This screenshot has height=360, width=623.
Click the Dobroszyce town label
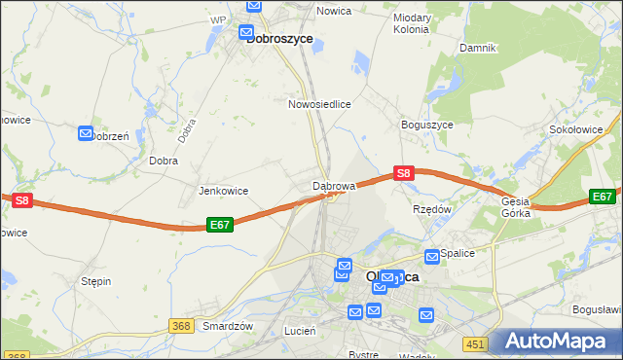pyautogui.click(x=279, y=39)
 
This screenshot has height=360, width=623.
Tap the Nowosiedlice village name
pyautogui.click(x=319, y=103)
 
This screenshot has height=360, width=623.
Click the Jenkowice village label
pyautogui.click(x=223, y=191)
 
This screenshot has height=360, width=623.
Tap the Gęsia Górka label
pyautogui.click(x=515, y=209)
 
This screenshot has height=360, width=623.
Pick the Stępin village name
pyautogui.click(x=96, y=281)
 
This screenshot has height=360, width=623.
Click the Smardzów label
pyautogui.click(x=228, y=327)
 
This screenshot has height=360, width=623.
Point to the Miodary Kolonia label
pyautogui.click(x=411, y=23)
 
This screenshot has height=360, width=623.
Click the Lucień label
pyautogui.click(x=299, y=331)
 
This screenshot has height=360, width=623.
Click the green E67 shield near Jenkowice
pyautogui.click(x=220, y=224)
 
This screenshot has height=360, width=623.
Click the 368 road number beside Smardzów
pyautogui.click(x=178, y=326)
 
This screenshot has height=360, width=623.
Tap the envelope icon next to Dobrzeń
pyautogui.click(x=86, y=133)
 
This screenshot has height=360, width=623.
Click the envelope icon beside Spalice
pyautogui.click(x=432, y=256)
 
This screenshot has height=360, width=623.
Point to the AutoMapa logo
pyautogui.click(x=558, y=342)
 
